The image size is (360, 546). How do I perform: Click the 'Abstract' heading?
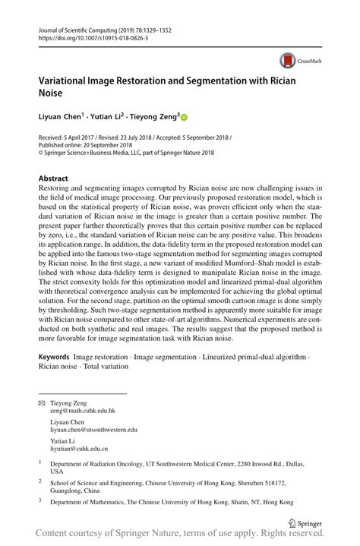pos(53,178)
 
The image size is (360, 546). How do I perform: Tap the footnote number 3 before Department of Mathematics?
pos(39,500)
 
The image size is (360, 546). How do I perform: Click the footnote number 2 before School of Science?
pos(39,480)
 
